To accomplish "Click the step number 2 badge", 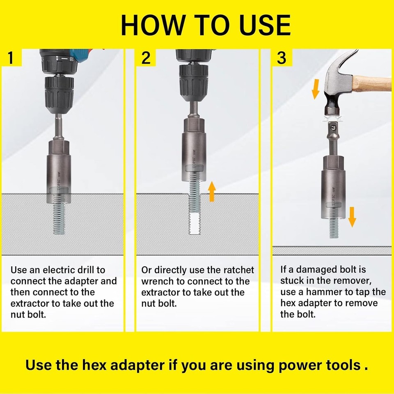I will pyautogui.click(x=146, y=58).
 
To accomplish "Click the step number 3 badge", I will pyautogui.click(x=282, y=58).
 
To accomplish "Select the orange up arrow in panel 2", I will pyautogui.click(x=212, y=192).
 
